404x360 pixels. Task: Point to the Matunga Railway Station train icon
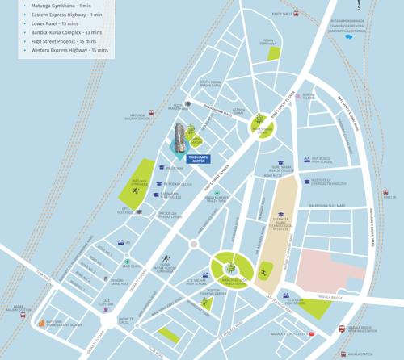pos(150,113)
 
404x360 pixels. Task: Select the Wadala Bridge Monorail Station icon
pos(343,329)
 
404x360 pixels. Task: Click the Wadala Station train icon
pos(343,354)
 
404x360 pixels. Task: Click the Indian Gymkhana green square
pos(275,53)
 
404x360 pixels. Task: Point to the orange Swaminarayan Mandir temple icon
pos(41,323)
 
